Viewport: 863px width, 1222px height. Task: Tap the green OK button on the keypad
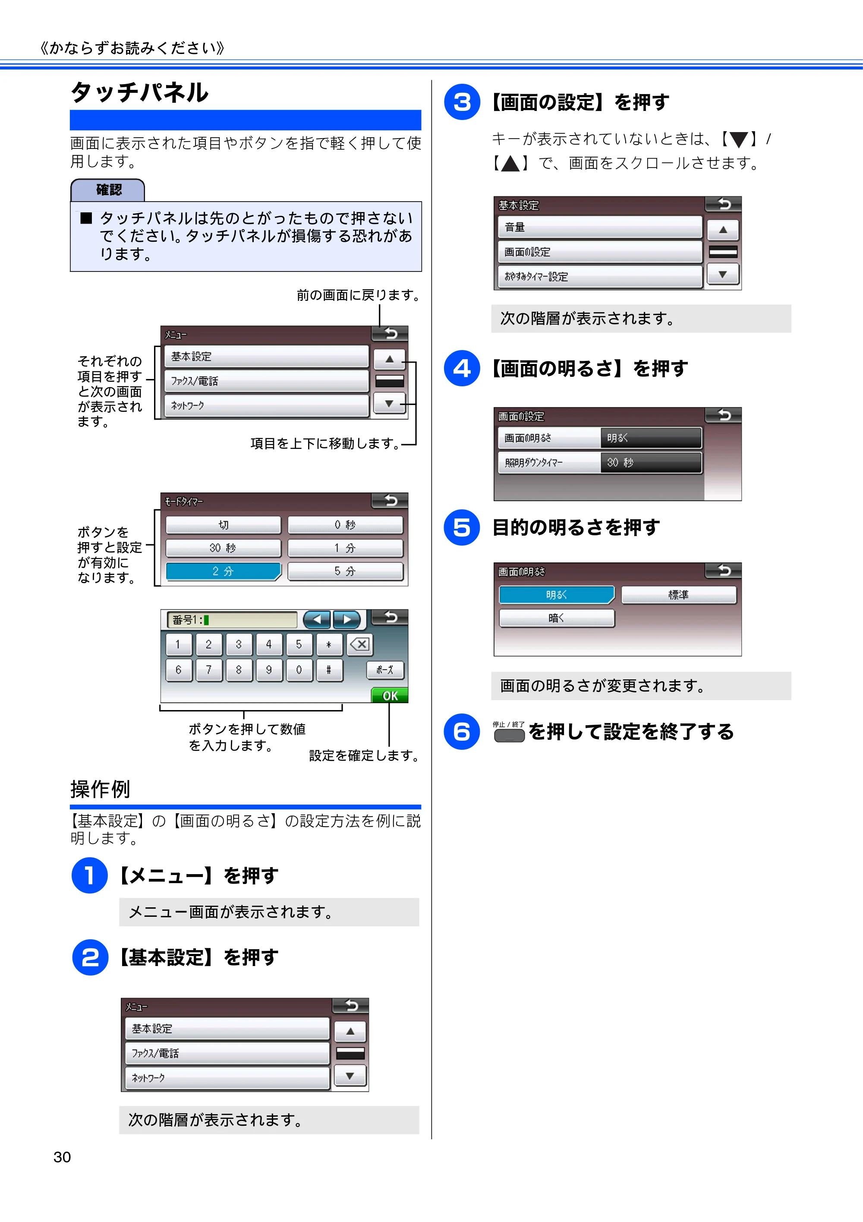click(x=390, y=695)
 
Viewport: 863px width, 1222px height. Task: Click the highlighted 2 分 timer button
click(x=224, y=571)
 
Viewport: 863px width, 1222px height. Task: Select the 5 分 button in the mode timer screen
click(x=345, y=571)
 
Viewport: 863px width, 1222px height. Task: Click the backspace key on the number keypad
click(x=360, y=644)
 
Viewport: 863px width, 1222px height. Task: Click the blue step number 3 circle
click(x=462, y=102)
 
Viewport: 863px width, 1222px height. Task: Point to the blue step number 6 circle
click(x=462, y=731)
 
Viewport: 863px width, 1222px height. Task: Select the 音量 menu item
click(x=600, y=227)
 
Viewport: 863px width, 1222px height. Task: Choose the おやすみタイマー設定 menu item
click(x=600, y=276)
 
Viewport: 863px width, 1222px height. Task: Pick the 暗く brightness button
click(x=557, y=618)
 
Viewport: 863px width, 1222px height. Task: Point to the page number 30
click(x=62, y=1157)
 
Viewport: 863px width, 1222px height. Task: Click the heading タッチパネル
click(x=140, y=93)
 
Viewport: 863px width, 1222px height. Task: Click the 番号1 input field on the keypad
click(x=233, y=619)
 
